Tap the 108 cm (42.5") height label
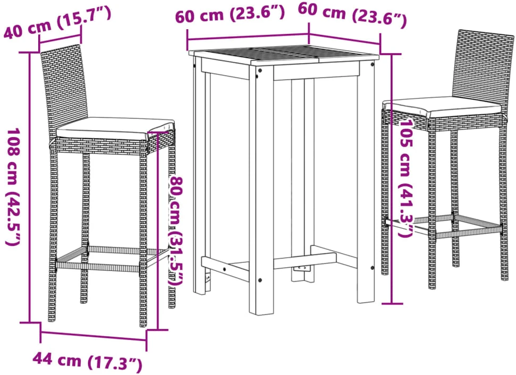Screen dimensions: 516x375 point(13,186)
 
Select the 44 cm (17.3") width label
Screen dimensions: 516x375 point(87,362)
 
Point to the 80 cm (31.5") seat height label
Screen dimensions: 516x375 point(176,231)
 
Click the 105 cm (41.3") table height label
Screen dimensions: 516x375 point(405,177)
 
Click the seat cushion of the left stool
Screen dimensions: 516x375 point(115,129)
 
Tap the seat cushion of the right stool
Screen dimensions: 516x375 point(443,107)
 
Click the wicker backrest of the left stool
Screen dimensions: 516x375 point(64,89)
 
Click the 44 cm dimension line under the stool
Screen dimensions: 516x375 point(94,336)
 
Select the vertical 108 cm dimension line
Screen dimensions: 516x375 point(30,187)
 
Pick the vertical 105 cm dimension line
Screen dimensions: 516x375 point(392,179)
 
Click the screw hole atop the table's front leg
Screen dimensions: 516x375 point(260,71)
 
